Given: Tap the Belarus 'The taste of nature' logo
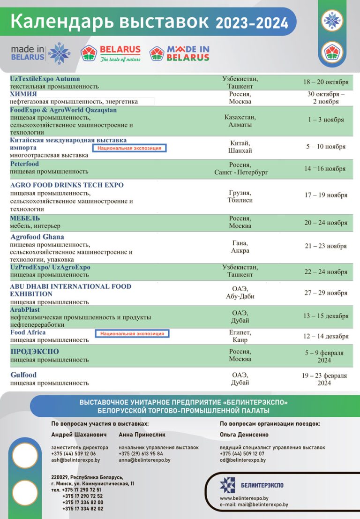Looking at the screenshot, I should click(x=111, y=53).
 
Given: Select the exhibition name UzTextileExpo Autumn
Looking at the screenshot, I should click(x=45, y=79).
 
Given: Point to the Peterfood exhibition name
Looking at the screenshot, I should click(x=25, y=164).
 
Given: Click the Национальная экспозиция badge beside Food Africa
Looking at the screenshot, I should click(x=132, y=333).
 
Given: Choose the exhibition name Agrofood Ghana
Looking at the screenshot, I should click(x=37, y=237).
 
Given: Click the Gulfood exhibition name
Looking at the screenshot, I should click(x=23, y=375).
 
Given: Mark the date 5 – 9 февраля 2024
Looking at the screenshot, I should click(x=324, y=356).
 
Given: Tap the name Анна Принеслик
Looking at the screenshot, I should click(x=142, y=435).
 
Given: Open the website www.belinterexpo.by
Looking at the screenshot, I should click(x=244, y=498).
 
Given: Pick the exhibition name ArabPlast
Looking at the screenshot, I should click(x=25, y=310).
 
